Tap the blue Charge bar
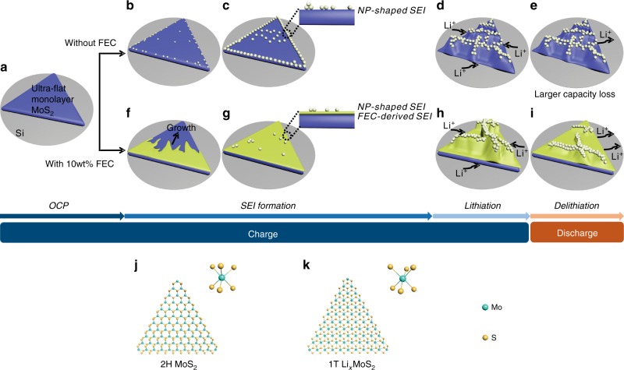tap(265, 233)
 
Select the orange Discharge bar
tap(576, 233)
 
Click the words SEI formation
tap(277, 203)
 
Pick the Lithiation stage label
tap(479, 203)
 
